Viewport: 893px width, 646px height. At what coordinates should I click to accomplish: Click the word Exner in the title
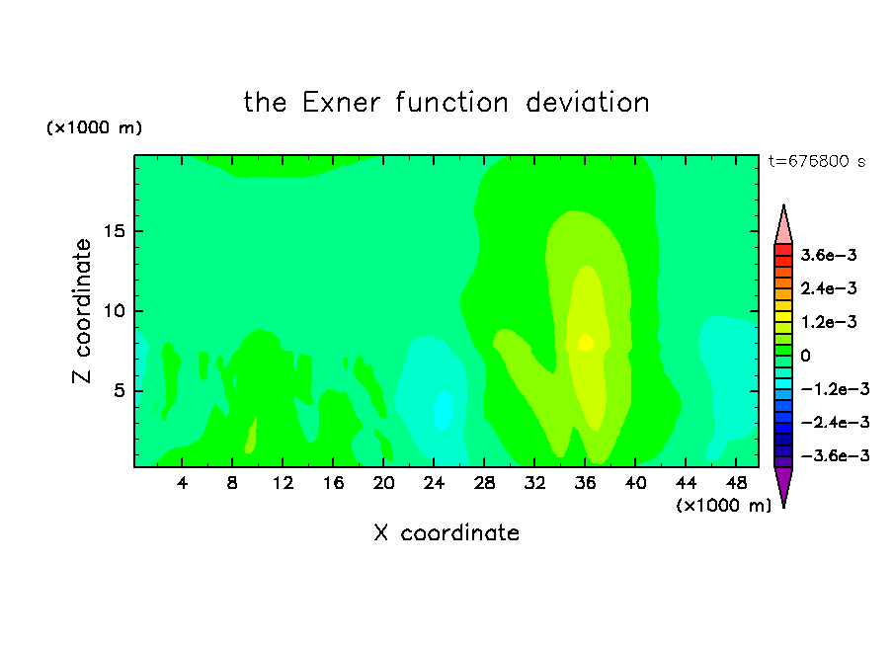click(x=341, y=103)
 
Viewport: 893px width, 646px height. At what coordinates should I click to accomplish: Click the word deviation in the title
click(x=587, y=103)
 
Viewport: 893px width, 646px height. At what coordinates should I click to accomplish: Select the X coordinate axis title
click(x=446, y=532)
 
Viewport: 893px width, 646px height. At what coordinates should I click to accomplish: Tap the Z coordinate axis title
click(x=82, y=311)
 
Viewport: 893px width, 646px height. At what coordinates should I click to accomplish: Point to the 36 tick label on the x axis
click(x=585, y=483)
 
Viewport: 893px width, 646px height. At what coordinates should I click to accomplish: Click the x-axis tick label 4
click(x=182, y=483)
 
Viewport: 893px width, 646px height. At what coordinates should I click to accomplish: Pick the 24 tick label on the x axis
click(x=434, y=483)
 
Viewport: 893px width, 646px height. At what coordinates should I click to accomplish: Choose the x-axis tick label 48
click(x=736, y=483)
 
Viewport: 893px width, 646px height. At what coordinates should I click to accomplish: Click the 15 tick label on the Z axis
click(x=114, y=231)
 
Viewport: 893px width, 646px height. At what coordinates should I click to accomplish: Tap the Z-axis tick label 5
click(x=119, y=391)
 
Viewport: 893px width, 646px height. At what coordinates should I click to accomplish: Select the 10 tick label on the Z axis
click(x=114, y=311)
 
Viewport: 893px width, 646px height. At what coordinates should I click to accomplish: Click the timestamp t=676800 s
click(x=817, y=161)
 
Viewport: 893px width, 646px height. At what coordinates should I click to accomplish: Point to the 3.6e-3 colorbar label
click(x=828, y=255)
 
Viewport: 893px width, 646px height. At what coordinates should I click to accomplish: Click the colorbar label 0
click(x=805, y=356)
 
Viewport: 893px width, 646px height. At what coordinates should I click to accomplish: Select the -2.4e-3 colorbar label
click(x=835, y=422)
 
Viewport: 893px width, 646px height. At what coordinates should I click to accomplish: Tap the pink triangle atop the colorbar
click(x=783, y=227)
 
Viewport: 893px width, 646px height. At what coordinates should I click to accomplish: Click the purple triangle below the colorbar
click(x=783, y=485)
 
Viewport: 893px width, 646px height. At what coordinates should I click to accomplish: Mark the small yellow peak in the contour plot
click(x=586, y=343)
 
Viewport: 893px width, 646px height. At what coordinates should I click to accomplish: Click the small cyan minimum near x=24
click(x=444, y=410)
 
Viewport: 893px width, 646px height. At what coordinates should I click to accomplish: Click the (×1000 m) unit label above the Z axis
click(x=94, y=127)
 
